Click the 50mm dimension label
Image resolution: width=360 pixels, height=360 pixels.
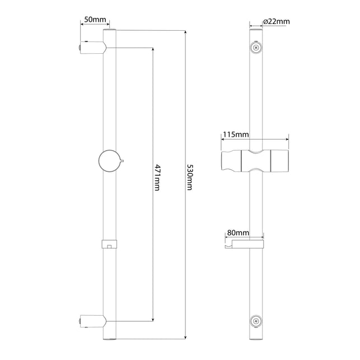click(95, 20)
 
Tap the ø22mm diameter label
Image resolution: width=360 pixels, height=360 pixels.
click(277, 22)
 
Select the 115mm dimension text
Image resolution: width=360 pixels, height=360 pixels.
click(236, 134)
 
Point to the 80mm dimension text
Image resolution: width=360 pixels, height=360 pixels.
click(238, 233)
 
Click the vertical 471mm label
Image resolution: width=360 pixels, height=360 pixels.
click(157, 177)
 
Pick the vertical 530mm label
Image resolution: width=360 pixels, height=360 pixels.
click(190, 177)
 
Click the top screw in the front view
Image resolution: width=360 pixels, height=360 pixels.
click(256, 48)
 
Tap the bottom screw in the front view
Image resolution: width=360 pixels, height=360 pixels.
click(256, 321)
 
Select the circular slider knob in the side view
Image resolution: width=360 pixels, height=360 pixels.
click(109, 161)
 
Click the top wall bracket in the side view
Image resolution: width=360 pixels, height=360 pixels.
click(93, 48)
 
